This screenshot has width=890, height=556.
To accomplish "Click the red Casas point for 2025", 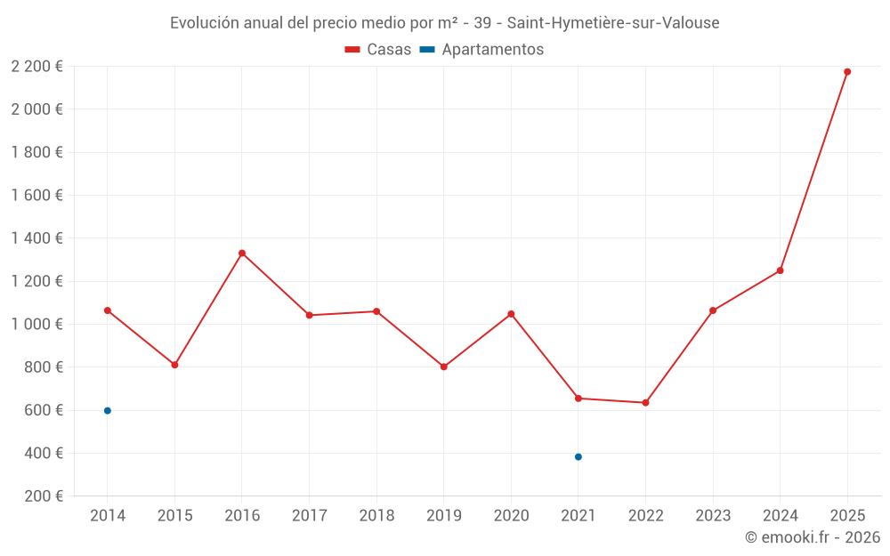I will coord(847,72).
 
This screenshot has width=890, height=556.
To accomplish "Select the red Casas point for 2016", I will coord(242,254).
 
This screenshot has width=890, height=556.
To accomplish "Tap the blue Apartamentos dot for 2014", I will coord(108,411).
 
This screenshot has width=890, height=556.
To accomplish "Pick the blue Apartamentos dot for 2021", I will coord(578,457).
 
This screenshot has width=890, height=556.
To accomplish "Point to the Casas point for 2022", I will coord(645,403).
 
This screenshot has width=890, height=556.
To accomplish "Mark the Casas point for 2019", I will coord(444,367).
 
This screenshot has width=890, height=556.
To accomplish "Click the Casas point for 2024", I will coord(780,270).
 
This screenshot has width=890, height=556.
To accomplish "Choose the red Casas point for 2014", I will coord(108,310).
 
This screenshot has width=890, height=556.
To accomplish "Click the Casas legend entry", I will coord(378,50).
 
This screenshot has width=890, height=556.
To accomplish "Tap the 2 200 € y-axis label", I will coord(36,67).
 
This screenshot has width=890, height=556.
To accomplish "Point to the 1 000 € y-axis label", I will coord(36,325).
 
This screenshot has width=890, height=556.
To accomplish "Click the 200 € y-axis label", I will coord(43,496).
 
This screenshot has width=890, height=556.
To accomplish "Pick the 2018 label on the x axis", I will coord(376,516).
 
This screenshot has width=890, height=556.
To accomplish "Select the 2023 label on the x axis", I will coord(713,516).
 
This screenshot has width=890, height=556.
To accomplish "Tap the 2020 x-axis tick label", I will coord(511,516).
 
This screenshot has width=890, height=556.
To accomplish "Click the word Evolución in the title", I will coord(203,23).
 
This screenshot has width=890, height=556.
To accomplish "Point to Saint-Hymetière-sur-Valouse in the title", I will coord(613,23).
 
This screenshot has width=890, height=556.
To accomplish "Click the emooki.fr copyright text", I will coord(813,537).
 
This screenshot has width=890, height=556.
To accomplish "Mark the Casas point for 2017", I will coord(310,315).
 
